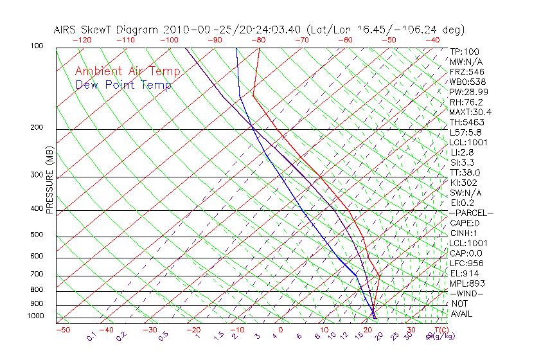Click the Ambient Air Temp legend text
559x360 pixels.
[127, 71]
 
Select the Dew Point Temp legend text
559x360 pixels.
[123, 85]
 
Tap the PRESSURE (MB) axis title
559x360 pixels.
[49, 181]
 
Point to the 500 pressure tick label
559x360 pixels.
[37, 235]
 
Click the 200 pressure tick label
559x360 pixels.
[37, 128]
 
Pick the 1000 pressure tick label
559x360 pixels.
[35, 316]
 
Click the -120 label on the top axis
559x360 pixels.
[82, 40]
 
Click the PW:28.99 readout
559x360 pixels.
[467, 93]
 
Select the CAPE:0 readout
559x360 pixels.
[465, 223]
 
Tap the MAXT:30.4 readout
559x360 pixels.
[470, 113]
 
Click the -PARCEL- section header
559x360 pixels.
[471, 213]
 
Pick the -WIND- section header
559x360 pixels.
[466, 293]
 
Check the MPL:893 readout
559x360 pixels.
[466, 283]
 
